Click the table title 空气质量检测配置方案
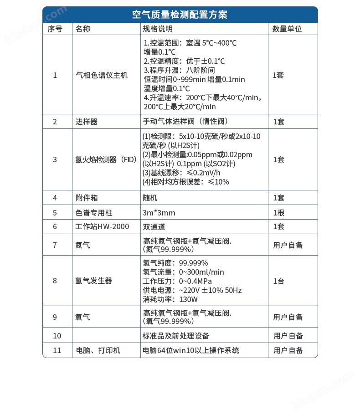point(180,15)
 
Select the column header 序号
point(55,29)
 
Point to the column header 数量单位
point(287,29)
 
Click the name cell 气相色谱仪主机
point(102,75)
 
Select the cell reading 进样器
point(87,122)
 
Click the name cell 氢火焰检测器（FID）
point(106,159)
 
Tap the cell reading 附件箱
point(87,198)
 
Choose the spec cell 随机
point(150,198)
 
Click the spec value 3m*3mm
point(159,213)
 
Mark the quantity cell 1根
point(278,213)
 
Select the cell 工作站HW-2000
point(102,226)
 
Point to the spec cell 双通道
point(154,226)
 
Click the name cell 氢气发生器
point(94,281)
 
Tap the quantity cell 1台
point(278,281)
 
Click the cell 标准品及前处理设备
point(176,336)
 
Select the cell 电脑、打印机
point(98,350)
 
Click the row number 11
point(57,350)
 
